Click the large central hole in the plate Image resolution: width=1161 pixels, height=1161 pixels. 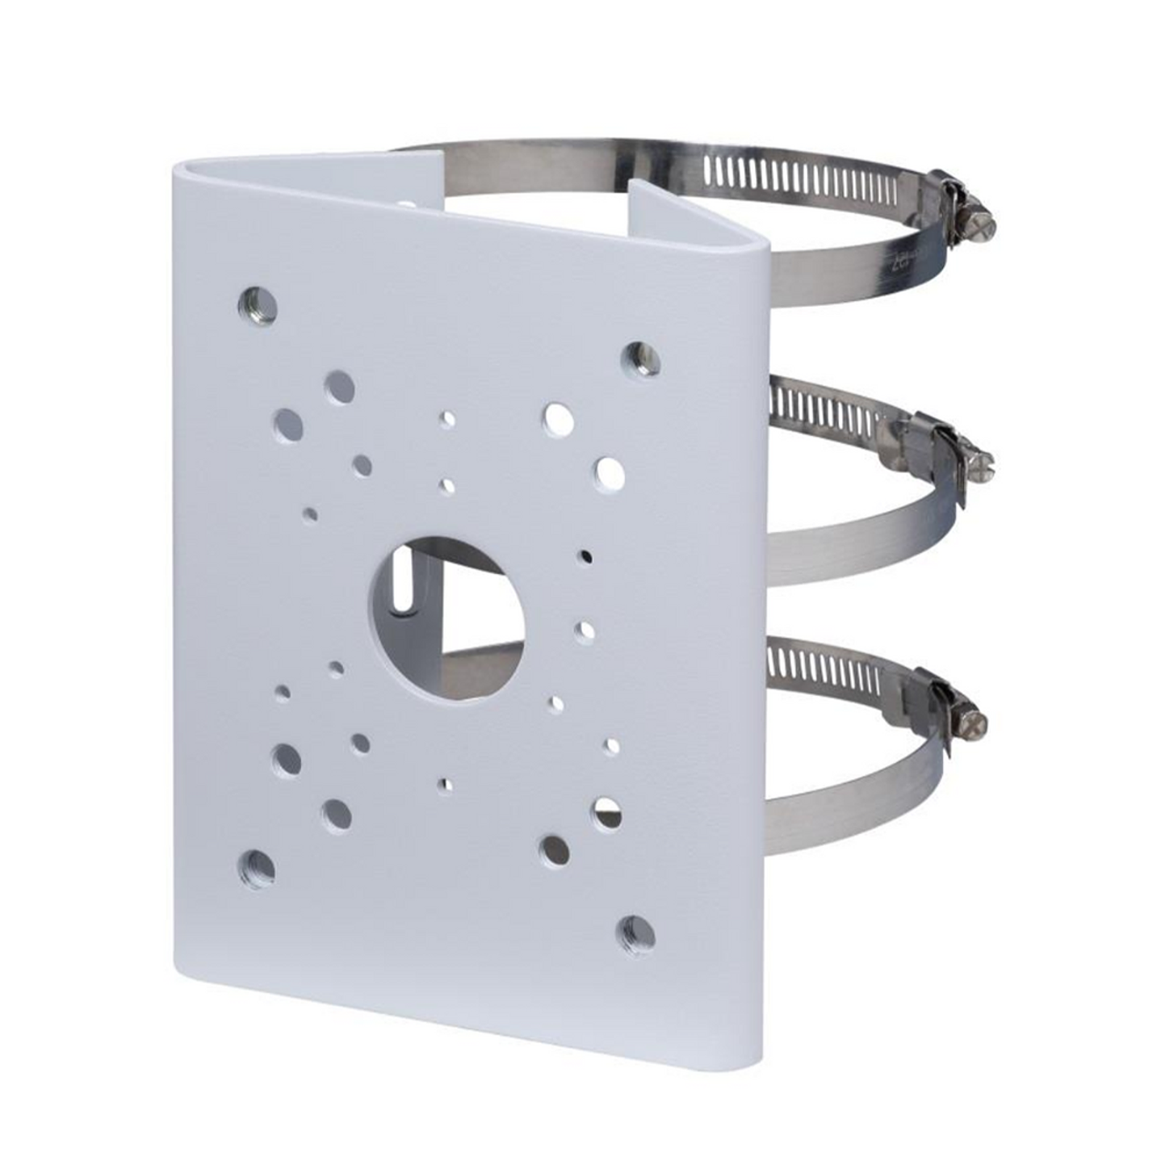(x=446, y=618)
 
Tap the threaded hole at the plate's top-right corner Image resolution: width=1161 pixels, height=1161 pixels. (x=641, y=358)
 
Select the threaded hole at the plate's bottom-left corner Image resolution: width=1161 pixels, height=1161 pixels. (x=257, y=869)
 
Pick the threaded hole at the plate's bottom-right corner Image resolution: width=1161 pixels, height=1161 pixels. (x=638, y=936)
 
